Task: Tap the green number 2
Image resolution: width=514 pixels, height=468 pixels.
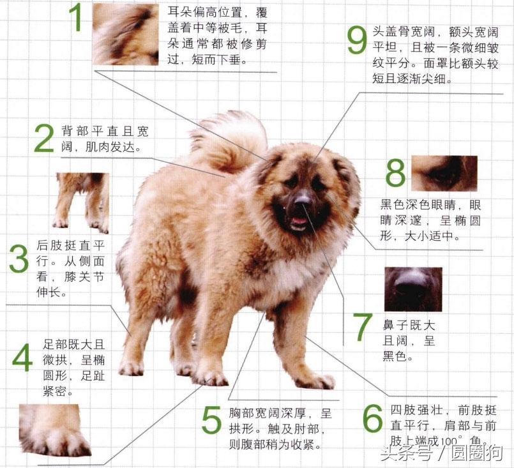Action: click(x=44, y=139)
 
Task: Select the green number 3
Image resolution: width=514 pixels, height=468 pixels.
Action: click(x=19, y=259)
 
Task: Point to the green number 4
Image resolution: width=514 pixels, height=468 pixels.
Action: click(x=22, y=358)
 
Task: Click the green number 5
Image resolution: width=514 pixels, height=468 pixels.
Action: click(x=211, y=420)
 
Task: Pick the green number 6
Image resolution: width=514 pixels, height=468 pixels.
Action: click(x=373, y=418)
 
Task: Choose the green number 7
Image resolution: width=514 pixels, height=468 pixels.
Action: click(x=362, y=327)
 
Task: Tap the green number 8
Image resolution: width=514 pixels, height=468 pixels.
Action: click(x=395, y=173)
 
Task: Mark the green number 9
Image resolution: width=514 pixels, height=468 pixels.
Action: click(x=357, y=40)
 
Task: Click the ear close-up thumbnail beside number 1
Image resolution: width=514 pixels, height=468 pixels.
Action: click(x=126, y=34)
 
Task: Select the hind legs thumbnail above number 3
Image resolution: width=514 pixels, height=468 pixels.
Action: click(x=82, y=203)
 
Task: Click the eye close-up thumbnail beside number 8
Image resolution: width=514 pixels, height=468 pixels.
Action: click(x=444, y=174)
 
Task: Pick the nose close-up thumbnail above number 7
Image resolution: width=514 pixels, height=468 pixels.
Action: click(x=413, y=289)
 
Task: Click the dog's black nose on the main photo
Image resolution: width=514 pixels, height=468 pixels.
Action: click(x=303, y=199)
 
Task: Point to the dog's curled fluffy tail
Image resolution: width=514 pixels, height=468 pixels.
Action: click(x=229, y=141)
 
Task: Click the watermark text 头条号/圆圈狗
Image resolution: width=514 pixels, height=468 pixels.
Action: click(x=442, y=453)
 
